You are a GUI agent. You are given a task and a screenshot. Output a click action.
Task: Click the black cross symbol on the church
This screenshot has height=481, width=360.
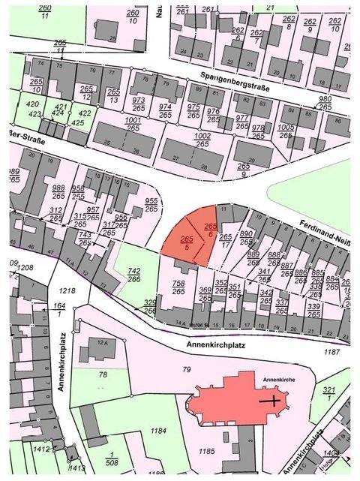271,401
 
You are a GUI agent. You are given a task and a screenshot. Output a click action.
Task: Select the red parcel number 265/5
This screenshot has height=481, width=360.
187,242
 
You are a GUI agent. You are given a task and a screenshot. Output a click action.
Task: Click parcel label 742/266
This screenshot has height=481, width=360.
134,274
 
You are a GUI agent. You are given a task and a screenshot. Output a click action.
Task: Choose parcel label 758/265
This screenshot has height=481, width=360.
178,288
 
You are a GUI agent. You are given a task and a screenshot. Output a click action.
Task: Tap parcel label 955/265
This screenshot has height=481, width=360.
151,205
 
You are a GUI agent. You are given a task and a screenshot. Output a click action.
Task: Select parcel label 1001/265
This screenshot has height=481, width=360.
133,124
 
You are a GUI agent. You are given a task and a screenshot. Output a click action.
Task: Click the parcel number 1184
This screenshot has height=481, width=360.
157,430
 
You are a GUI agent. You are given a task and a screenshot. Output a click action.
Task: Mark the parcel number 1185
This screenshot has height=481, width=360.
207,451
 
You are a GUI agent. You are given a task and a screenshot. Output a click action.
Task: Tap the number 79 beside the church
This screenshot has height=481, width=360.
187,369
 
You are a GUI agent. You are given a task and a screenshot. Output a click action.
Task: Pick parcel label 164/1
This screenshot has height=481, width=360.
60,310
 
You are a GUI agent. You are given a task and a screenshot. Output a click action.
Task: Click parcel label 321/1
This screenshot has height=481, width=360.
328,395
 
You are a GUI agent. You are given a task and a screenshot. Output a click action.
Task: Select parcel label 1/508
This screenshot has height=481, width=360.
113,460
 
